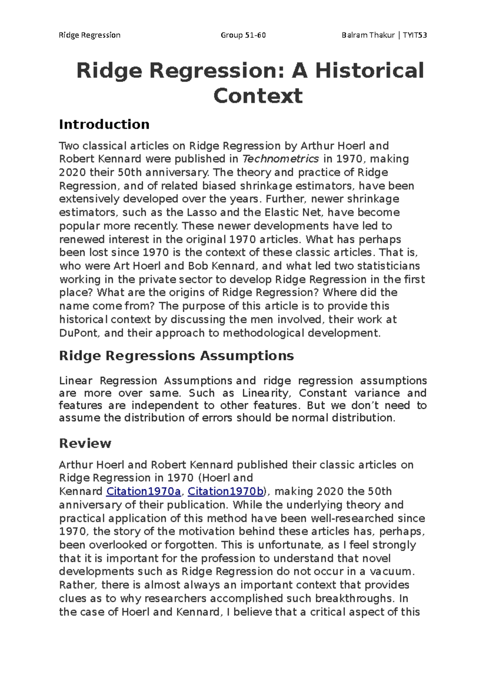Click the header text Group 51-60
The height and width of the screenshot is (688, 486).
pos(243,35)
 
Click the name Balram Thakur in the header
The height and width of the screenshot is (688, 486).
pos(368,35)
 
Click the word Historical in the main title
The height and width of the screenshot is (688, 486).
pos(369,71)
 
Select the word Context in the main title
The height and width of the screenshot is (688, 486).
pos(258,96)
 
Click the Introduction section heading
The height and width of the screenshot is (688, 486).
pos(104,124)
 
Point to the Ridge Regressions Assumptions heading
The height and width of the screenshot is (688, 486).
pos(176,356)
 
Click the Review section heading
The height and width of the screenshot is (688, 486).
pos(85,443)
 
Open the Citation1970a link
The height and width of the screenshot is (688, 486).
pos(143,491)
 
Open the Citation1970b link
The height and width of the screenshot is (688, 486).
pos(226,491)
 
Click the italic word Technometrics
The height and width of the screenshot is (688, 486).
pos(280,159)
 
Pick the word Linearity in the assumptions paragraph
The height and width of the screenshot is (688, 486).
pos(266,393)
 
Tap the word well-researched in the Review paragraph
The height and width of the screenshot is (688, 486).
pos(352,518)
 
